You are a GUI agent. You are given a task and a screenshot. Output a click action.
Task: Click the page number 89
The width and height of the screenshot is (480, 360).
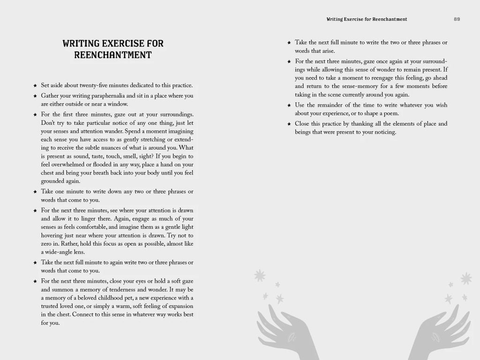click(457, 19)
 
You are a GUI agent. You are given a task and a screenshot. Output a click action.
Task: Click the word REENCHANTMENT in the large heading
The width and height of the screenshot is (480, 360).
click(113, 55)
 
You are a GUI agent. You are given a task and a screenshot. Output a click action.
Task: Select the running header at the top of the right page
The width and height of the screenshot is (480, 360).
click(367, 19)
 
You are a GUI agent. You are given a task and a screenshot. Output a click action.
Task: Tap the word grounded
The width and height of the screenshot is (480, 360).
click(54, 181)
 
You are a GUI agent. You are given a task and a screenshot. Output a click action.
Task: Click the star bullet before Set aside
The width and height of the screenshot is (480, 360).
click(36, 86)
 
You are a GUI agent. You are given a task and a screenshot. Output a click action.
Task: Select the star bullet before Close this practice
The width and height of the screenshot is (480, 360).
click(290, 124)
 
